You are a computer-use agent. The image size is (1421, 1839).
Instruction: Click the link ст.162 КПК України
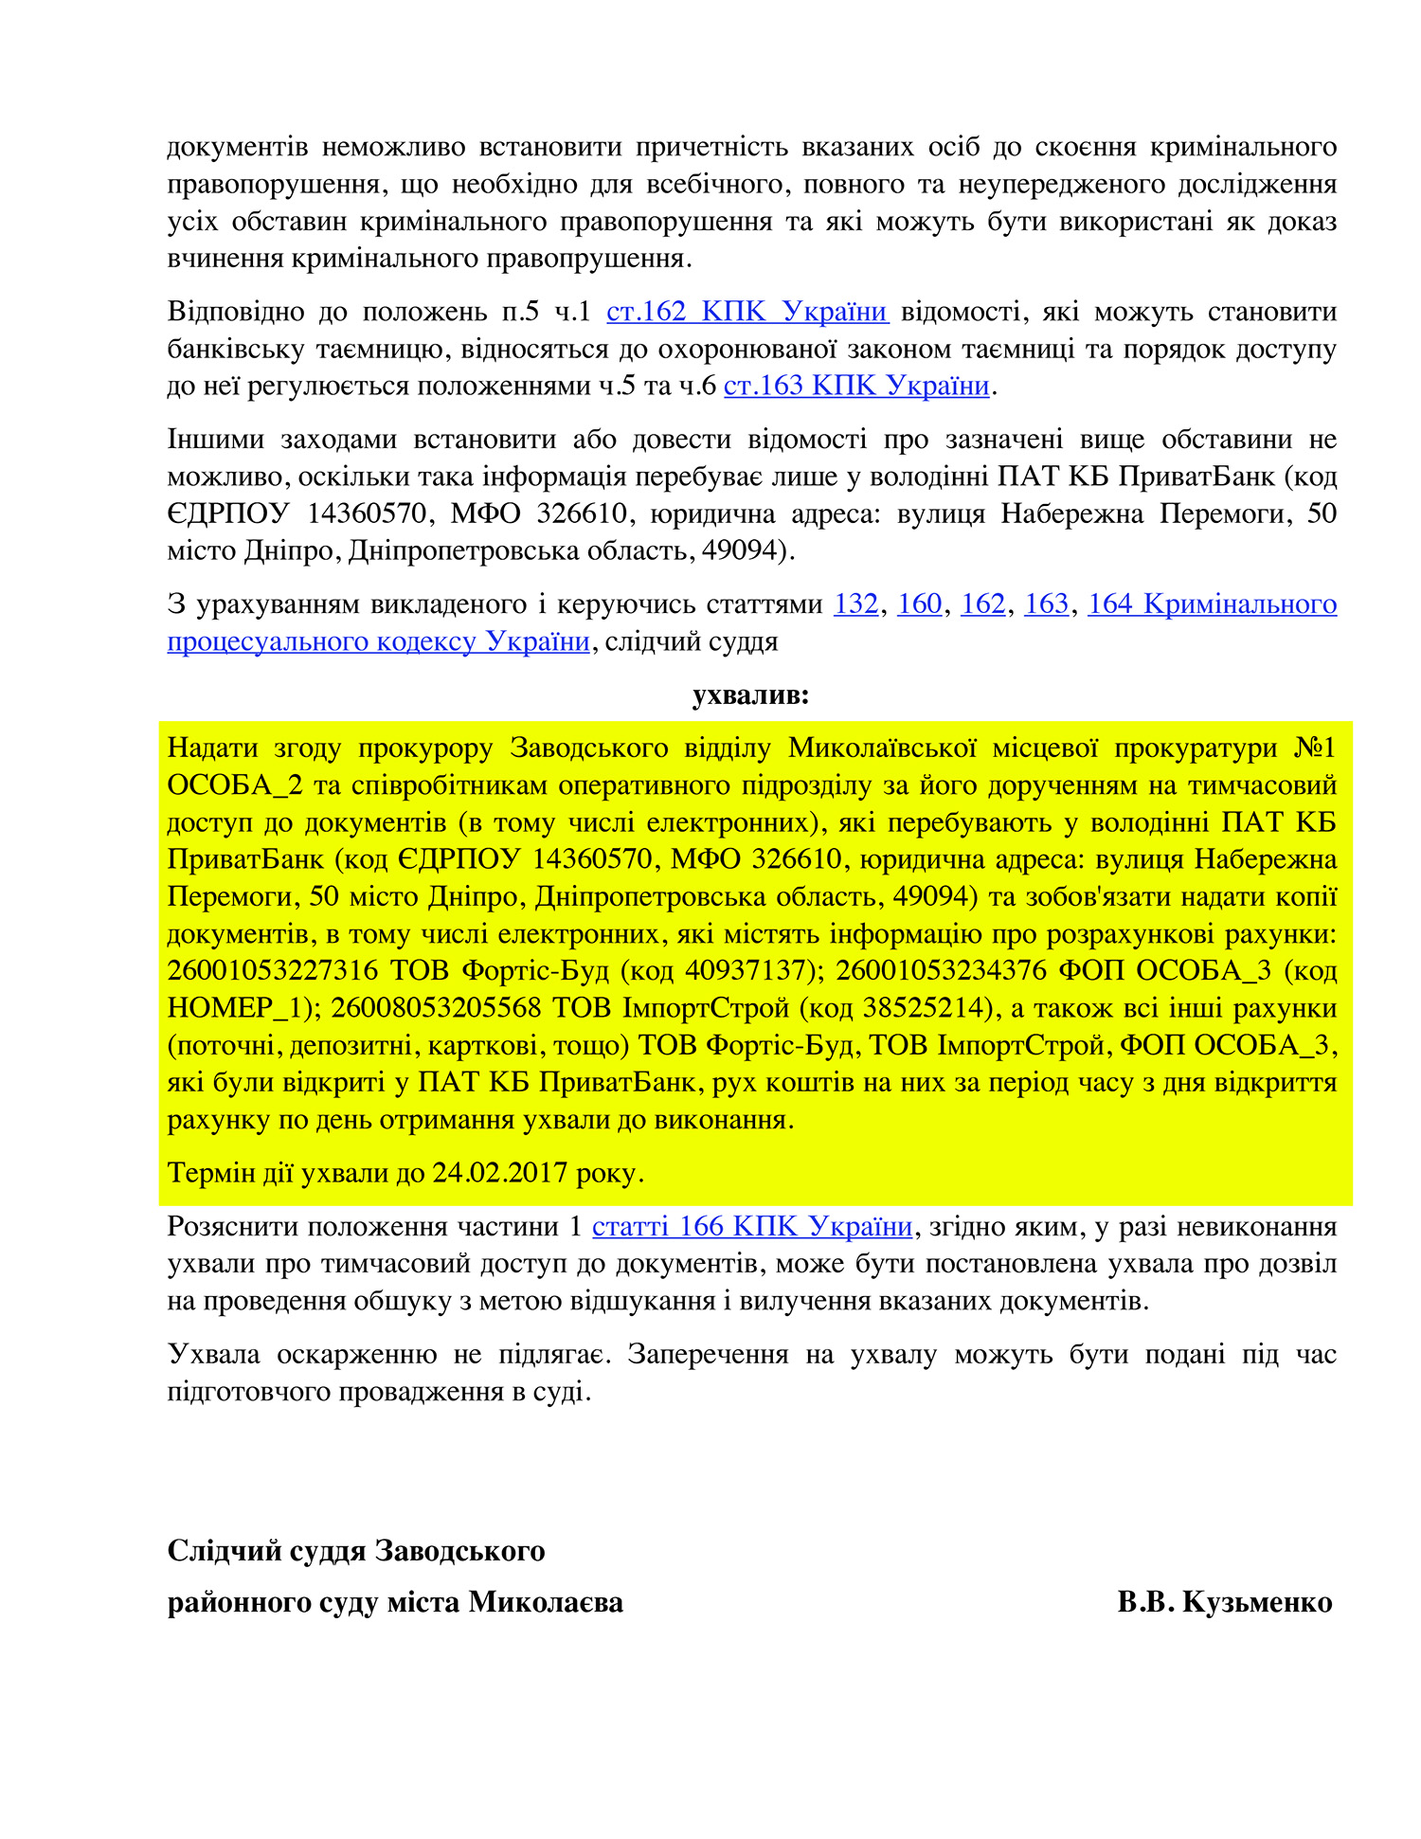pyautogui.click(x=746, y=312)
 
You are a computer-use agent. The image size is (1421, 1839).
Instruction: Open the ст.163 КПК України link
pyautogui.click(x=856, y=386)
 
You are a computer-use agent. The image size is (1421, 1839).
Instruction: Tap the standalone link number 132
pyautogui.click(x=855, y=604)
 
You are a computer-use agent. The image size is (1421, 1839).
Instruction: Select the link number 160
pyautogui.click(x=919, y=604)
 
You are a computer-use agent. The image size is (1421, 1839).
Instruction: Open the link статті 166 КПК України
pyautogui.click(x=752, y=1226)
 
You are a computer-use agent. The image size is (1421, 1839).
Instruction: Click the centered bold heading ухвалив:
pyautogui.click(x=750, y=695)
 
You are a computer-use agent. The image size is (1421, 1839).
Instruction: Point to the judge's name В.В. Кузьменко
pyautogui.click(x=1225, y=1601)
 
